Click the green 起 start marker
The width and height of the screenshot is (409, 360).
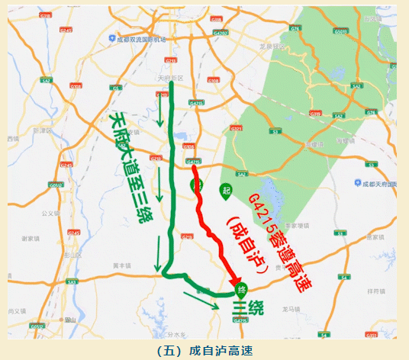226,188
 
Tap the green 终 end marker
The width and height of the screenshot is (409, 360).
241,290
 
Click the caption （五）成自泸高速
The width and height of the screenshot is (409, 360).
204,350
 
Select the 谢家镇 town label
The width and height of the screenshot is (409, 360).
31,238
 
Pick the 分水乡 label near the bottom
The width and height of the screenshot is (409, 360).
178,334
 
